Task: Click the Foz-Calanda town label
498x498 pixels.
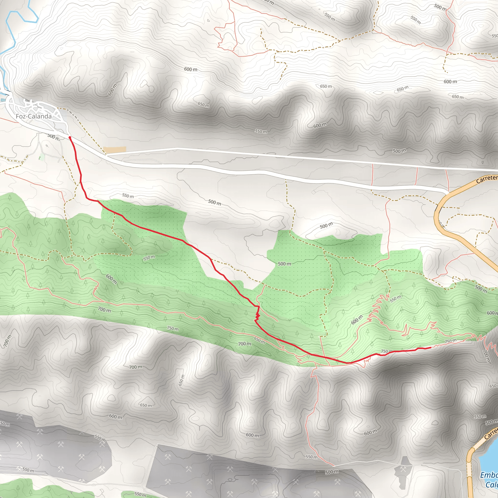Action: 34,116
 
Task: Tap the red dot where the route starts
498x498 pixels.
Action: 70,138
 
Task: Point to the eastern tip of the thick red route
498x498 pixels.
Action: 430,348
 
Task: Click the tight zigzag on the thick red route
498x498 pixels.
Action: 257,316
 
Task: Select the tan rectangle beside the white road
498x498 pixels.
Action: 115,150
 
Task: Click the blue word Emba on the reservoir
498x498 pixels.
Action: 489,475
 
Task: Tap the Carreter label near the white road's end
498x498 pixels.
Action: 487,179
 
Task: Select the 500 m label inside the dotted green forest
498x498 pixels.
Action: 284,264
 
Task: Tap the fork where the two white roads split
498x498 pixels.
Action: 107,155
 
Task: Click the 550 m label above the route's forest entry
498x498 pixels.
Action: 128,196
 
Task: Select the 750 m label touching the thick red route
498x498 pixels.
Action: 387,351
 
